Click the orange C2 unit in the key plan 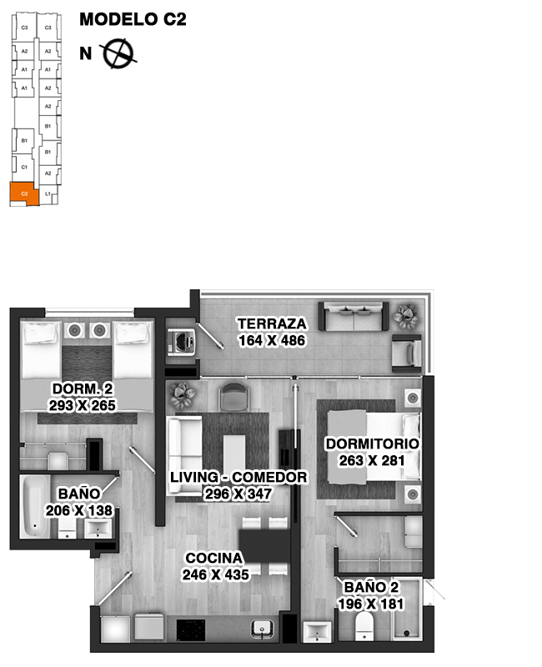pos(24,194)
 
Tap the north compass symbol pos(118,53)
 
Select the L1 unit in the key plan pos(48,194)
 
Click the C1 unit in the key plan pos(24,167)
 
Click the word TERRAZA pos(271,324)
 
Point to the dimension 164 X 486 pos(271,340)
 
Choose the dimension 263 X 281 pos(372,459)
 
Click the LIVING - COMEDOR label pos(238,478)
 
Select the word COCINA pos(214,558)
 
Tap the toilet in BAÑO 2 pos(365,627)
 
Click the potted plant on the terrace pos(407,314)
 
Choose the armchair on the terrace pos(407,350)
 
